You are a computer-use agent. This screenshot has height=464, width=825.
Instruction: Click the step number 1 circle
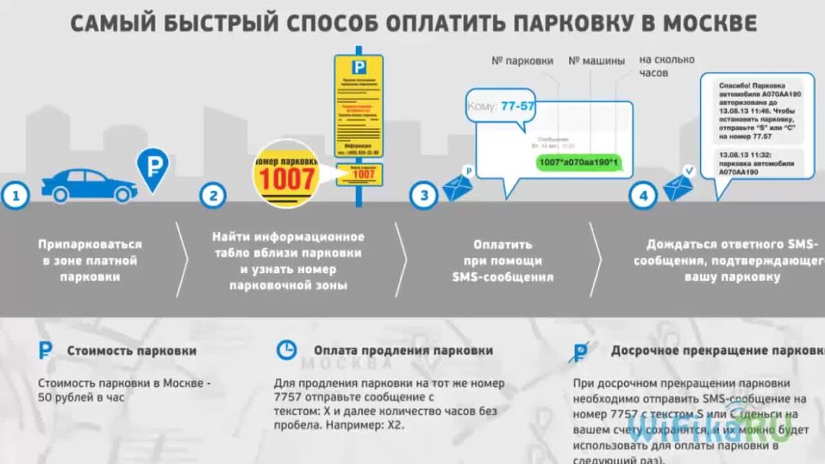coord(15,195)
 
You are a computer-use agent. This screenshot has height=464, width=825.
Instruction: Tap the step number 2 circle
coord(213,195)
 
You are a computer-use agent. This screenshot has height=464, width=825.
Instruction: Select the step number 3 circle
coord(423,195)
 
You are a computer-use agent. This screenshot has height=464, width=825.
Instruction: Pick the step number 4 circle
coord(643,195)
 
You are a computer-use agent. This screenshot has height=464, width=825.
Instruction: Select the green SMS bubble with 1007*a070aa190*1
coord(577,162)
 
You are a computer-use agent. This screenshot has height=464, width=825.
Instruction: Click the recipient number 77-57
coord(517,106)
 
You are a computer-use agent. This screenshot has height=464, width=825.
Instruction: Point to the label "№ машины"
coord(597,60)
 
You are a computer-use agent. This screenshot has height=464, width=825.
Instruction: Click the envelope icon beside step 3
coord(459,186)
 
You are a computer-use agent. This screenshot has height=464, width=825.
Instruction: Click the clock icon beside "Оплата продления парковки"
coord(286,350)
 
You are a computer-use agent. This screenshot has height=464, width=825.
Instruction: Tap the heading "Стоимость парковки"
coord(131,351)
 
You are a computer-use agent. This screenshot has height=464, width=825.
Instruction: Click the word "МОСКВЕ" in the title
coord(709,23)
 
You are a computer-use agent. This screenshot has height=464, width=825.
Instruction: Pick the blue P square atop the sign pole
coord(358,67)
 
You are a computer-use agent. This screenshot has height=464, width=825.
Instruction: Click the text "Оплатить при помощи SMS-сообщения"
coord(502,261)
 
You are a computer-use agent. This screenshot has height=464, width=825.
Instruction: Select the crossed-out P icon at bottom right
coord(581,351)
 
